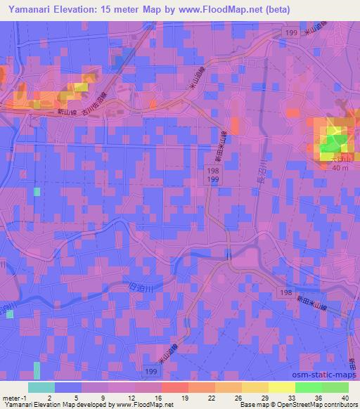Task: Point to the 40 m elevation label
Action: tap(340, 168)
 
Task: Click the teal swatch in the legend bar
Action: tap(41, 387)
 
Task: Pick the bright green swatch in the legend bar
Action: tap(307, 387)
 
